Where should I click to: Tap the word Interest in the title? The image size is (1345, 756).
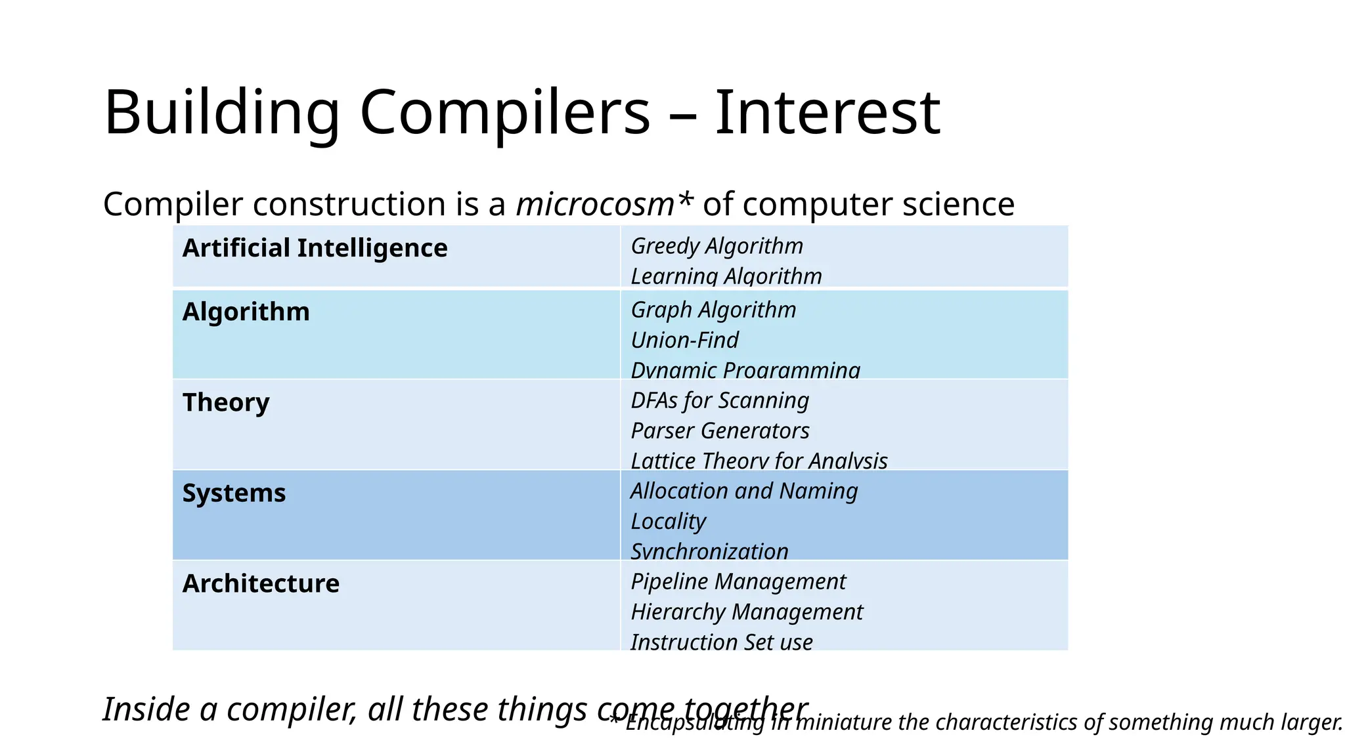[827, 113]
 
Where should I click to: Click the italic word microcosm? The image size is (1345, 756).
[595, 204]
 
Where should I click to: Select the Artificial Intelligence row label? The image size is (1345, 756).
[315, 249]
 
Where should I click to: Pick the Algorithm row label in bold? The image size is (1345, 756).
[246, 312]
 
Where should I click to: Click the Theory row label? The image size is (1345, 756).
[226, 402]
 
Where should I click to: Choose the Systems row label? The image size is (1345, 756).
[234, 493]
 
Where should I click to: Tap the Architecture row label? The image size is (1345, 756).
[261, 583]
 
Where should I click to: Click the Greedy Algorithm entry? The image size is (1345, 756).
[717, 246]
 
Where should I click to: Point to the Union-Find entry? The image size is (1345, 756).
[684, 340]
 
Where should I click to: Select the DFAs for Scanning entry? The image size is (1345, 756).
[719, 400]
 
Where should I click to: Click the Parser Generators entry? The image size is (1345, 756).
[720, 430]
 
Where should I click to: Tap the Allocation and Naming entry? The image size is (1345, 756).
[743, 491]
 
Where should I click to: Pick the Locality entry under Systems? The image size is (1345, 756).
[668, 521]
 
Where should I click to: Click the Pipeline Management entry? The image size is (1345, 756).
[738, 581]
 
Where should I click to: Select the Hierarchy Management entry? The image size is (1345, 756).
[746, 612]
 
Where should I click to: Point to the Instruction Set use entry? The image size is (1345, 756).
[721, 642]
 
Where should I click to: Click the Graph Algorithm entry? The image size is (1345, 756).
[713, 310]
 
